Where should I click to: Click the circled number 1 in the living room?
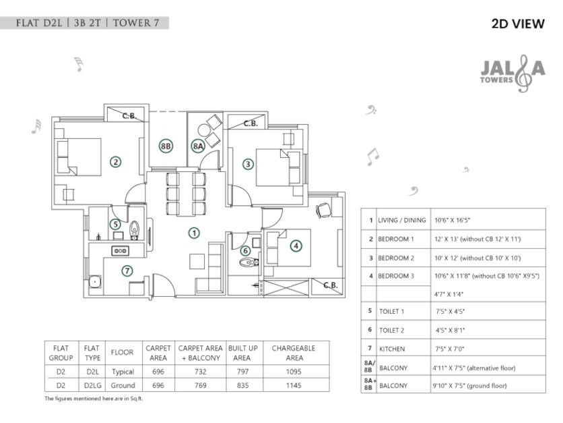click(x=194, y=233)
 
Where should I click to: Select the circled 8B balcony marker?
click(x=166, y=146)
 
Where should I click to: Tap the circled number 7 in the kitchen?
click(x=127, y=271)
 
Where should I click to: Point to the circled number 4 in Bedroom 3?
click(x=296, y=246)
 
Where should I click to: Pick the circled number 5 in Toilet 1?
click(x=116, y=224)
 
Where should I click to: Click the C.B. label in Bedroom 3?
click(x=330, y=285)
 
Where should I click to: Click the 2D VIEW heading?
click(x=517, y=24)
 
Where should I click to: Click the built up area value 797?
click(x=242, y=372)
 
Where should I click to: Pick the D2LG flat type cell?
click(x=92, y=385)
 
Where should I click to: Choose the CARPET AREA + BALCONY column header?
click(x=200, y=353)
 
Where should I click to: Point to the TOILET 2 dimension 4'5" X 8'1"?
click(x=450, y=329)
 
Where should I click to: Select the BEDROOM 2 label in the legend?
click(x=396, y=258)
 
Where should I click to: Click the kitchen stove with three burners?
click(x=121, y=251)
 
